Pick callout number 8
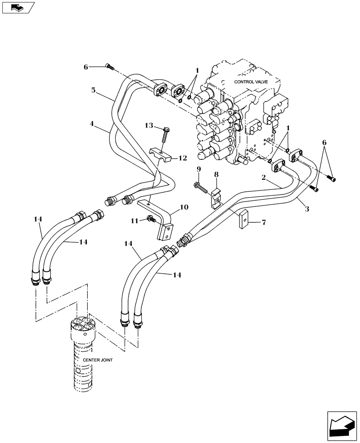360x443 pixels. pyautogui.click(x=216, y=175)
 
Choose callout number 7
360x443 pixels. pyautogui.click(x=263, y=222)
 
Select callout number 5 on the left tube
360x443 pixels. pyautogui.click(x=94, y=90)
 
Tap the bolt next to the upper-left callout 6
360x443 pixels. pyautogui.click(x=110, y=67)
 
